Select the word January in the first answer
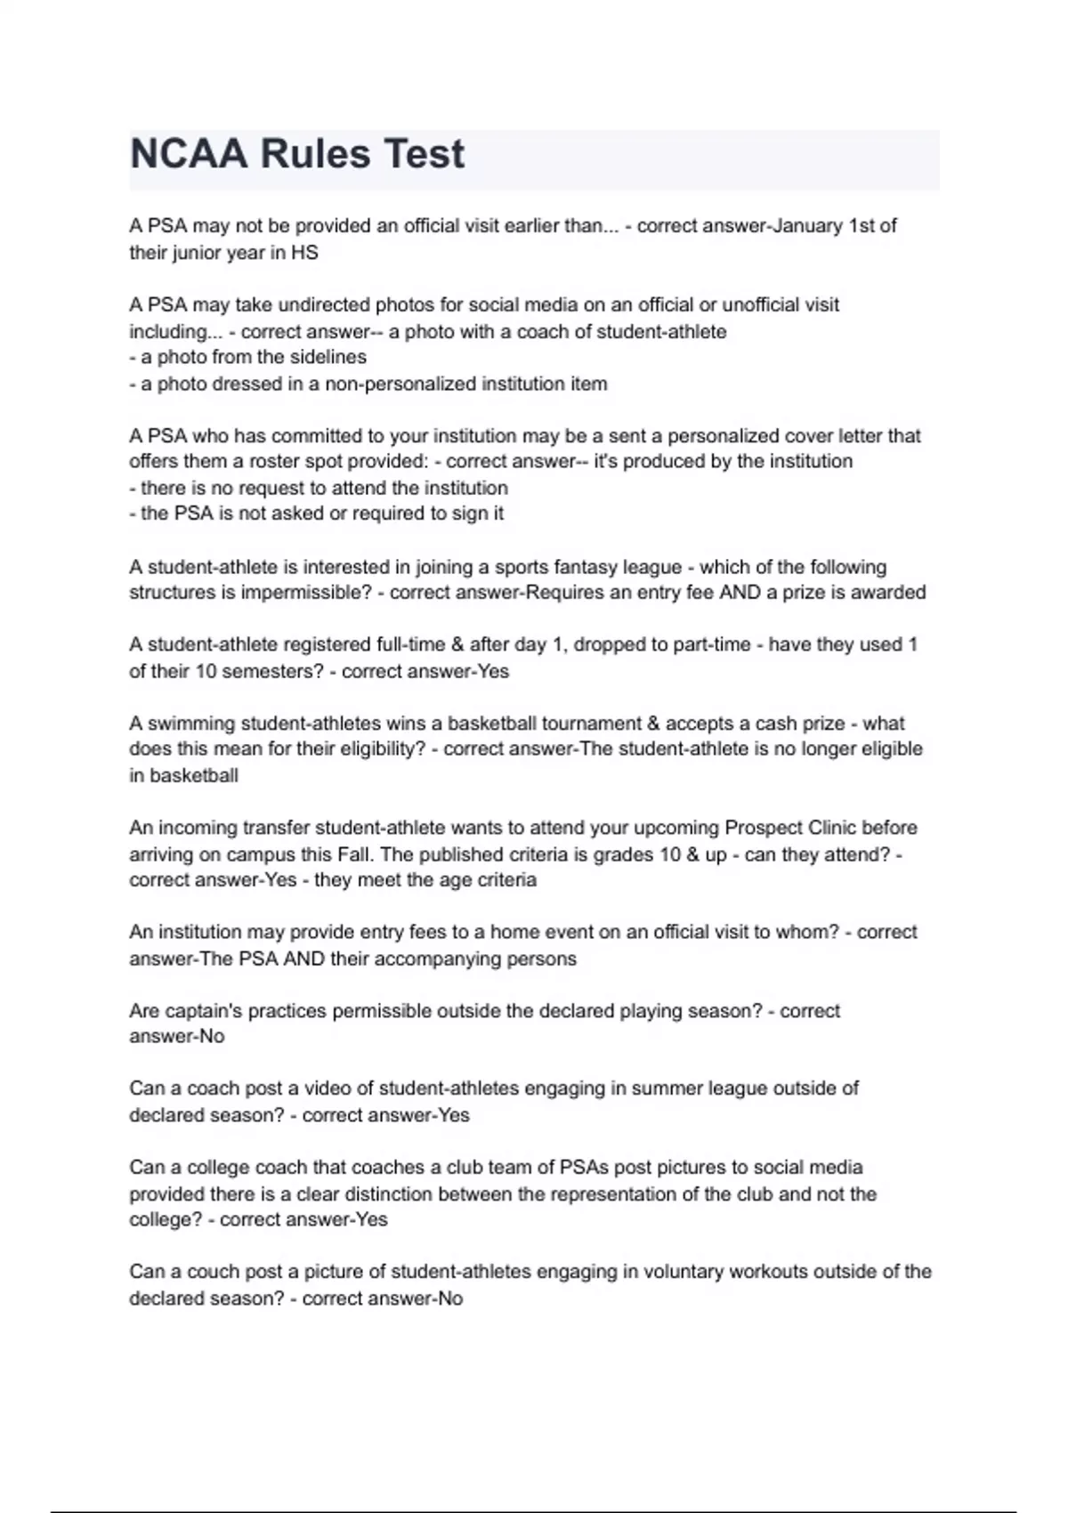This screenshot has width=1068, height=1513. (x=807, y=226)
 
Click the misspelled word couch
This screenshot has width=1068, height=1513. (x=222, y=1272)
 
